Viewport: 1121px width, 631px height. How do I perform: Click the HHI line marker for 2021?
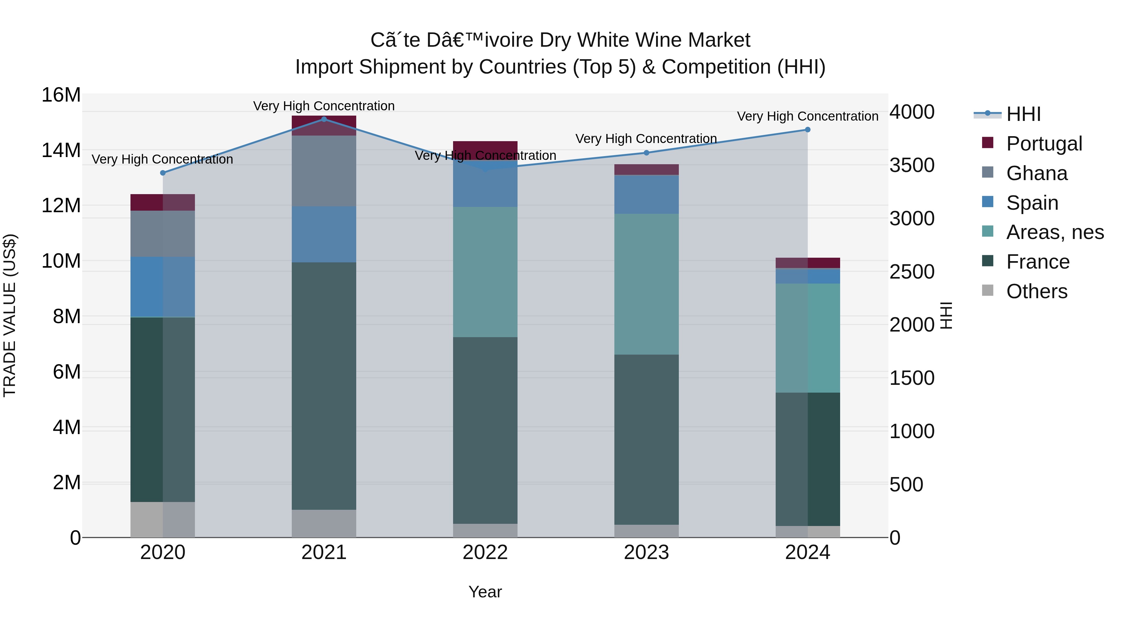(x=324, y=119)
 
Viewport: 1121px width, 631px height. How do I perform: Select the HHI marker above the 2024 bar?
(x=808, y=129)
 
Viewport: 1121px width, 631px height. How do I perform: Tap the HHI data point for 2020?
(x=163, y=173)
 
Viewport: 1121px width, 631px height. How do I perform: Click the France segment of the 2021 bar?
(x=324, y=385)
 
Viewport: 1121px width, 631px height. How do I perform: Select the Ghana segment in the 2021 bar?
(x=324, y=171)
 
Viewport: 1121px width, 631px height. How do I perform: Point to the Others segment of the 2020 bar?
(x=163, y=519)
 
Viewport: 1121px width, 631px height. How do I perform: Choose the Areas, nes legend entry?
(x=1055, y=232)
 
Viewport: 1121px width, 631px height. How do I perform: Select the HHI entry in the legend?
(x=1023, y=114)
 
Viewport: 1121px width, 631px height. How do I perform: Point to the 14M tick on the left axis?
(x=61, y=150)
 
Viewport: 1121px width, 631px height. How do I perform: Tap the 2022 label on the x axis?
(x=485, y=552)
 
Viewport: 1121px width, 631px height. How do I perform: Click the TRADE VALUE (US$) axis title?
(x=10, y=315)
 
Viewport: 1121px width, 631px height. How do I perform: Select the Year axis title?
(x=485, y=592)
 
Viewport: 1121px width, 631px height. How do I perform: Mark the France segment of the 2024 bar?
(x=808, y=459)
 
